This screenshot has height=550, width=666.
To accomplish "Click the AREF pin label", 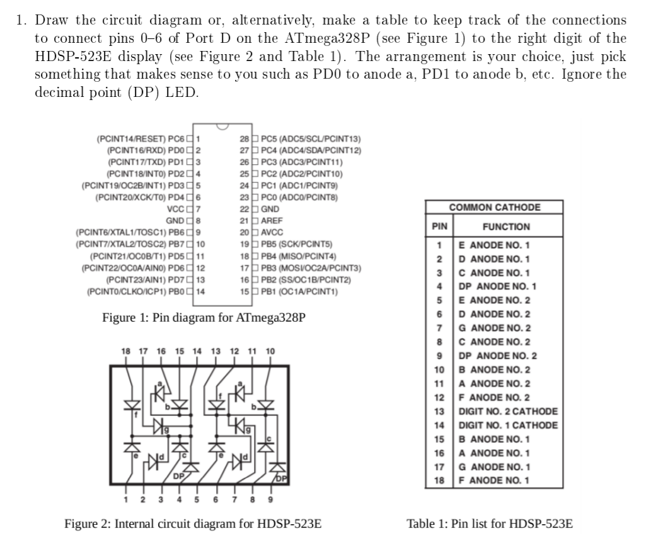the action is tap(272, 221).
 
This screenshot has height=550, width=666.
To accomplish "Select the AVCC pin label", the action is tap(273, 232).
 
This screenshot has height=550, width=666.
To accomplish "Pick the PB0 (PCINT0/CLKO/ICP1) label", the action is tap(137, 291).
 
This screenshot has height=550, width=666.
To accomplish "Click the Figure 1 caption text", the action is tap(204, 317).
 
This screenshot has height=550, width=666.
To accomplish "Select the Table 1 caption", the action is tap(490, 524).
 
